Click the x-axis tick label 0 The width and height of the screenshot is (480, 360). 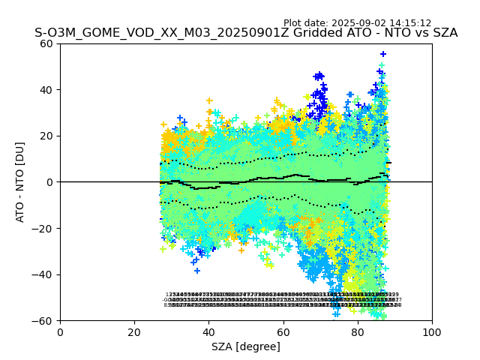click(60, 331)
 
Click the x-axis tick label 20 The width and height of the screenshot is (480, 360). click(134, 331)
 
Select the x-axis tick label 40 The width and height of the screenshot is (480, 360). click(208, 331)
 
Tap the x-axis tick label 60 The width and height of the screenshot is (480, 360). click(283, 331)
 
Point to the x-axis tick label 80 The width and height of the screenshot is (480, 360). click(358, 331)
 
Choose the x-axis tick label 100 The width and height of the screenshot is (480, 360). click(432, 331)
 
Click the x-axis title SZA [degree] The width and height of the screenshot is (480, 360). click(246, 346)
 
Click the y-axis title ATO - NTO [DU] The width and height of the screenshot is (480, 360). click(21, 182)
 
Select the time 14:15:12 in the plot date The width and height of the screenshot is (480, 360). click(408, 23)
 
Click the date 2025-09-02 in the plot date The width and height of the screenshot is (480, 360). click(356, 23)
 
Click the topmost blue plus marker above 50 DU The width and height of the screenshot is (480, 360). click(382, 54)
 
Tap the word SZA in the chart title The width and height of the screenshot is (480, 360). click(443, 33)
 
